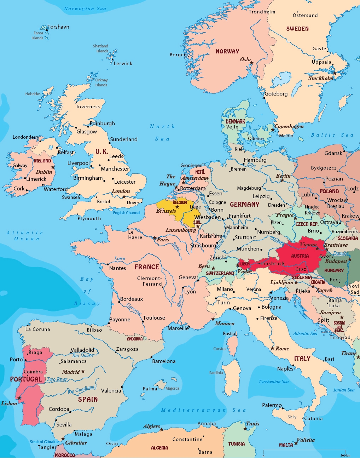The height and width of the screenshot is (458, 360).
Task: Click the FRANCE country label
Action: click(x=147, y=267)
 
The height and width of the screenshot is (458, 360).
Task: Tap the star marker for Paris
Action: click(x=155, y=238)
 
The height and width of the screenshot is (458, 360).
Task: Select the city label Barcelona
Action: click(x=164, y=361)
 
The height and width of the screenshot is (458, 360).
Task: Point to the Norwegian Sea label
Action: click(x=85, y=8)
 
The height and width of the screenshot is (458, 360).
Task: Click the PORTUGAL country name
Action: click(x=26, y=379)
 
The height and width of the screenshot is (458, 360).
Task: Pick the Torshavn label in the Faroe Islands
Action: click(x=58, y=27)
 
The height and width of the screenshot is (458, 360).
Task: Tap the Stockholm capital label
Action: click(x=320, y=78)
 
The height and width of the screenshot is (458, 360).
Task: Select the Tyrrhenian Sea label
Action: click(x=273, y=382)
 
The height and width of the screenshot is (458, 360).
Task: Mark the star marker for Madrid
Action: click(x=83, y=371)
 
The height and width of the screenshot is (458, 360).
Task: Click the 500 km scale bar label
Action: click(x=345, y=455)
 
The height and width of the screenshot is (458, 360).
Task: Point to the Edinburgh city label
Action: click(x=102, y=124)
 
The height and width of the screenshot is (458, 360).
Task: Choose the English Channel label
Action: click(x=127, y=213)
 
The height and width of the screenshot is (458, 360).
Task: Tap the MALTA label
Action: click(x=286, y=445)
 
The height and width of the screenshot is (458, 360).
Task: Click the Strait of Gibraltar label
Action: click(x=44, y=442)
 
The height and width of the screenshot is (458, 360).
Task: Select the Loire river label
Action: click(x=120, y=258)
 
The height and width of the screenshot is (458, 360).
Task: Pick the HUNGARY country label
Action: click(x=334, y=270)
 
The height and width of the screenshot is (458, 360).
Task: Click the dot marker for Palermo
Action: click(x=283, y=408)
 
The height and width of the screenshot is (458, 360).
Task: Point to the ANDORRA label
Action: click(x=135, y=339)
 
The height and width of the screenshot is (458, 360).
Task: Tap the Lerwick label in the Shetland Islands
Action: click(x=123, y=64)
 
